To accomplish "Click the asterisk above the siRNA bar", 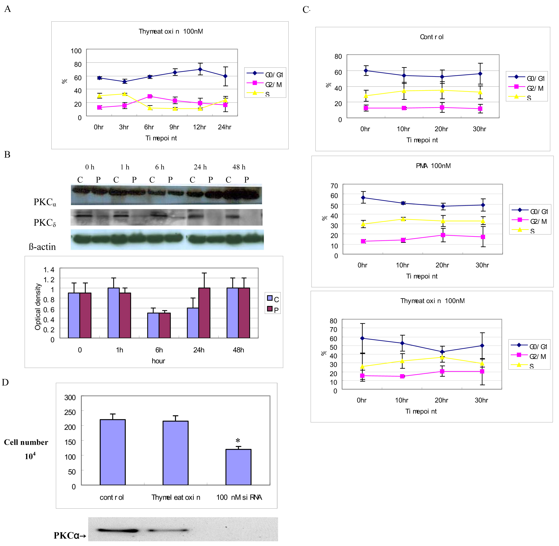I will tap(238, 441).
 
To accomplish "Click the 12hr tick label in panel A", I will tap(199, 127).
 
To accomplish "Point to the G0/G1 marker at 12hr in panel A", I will tap(200, 69).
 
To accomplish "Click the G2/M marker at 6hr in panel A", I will tap(149, 96).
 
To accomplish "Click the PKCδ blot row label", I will tap(45, 223).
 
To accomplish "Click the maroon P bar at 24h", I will tap(204, 313).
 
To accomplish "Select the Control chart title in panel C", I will tap(431, 37).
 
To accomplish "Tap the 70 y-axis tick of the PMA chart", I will tap(334, 186).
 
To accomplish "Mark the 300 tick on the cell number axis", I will tap(70, 398).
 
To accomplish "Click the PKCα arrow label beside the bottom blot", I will tap(70, 535).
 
